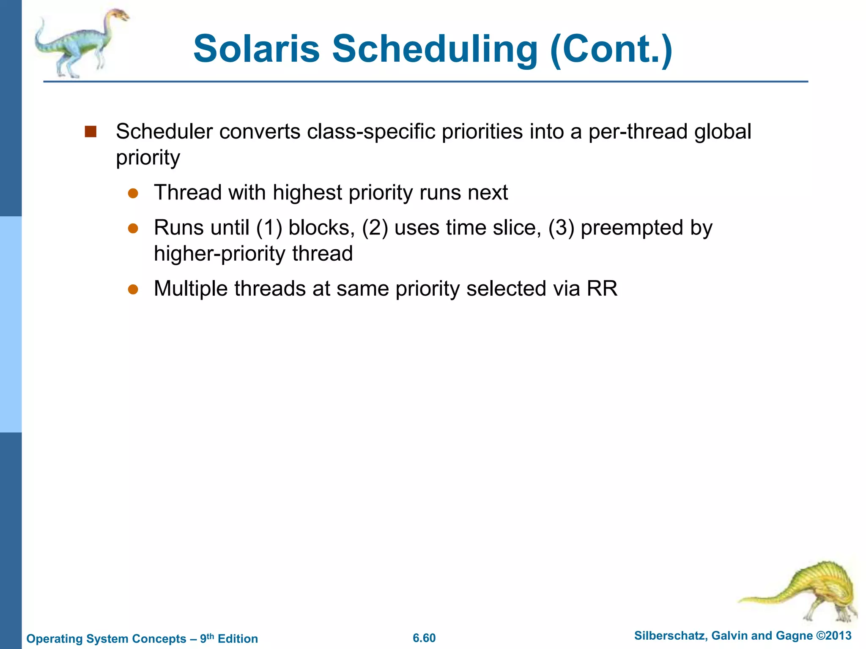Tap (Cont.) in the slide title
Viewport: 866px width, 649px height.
611,50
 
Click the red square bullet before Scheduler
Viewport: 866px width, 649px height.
90,132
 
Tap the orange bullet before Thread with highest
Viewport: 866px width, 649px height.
133,194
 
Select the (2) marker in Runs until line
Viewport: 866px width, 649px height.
375,228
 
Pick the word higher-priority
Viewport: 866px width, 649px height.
219,254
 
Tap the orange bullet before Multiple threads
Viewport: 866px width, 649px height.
133,289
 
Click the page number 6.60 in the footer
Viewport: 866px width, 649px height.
424,638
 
